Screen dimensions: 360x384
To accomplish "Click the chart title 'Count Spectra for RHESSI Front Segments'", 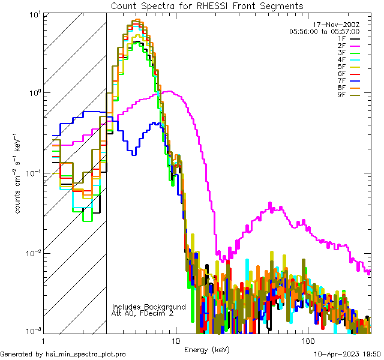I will pos(207,5).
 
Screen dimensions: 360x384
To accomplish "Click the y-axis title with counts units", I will pos(19,173).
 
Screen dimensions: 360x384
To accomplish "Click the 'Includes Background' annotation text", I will pos(149,307).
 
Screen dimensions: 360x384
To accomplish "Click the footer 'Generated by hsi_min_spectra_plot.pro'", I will pos(63,355).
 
